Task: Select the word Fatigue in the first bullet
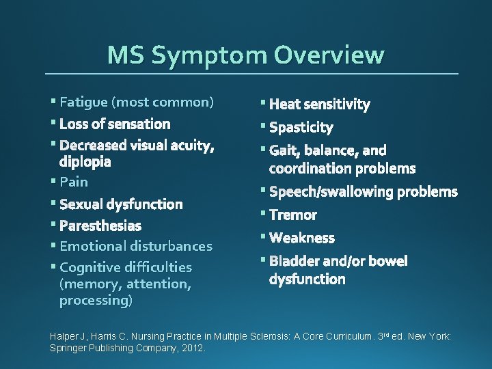pyautogui.click(x=83, y=102)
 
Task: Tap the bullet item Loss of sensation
pyautogui.click(x=115, y=124)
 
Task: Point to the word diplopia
pyautogui.click(x=85, y=163)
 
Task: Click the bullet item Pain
pyautogui.click(x=74, y=182)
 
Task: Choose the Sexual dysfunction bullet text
pyautogui.click(x=121, y=204)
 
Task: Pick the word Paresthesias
pyautogui.click(x=100, y=225)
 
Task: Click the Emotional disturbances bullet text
pyautogui.click(x=136, y=246)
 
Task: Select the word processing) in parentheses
pyautogui.click(x=96, y=300)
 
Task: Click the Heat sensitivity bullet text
pyautogui.click(x=319, y=105)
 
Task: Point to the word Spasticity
pyautogui.click(x=301, y=128)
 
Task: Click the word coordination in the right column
pyautogui.click(x=310, y=168)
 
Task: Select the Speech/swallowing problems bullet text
pyautogui.click(x=363, y=192)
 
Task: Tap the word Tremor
pyautogui.click(x=293, y=215)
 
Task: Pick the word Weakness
pyautogui.click(x=302, y=238)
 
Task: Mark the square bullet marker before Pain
pyautogui.click(x=53, y=180)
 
